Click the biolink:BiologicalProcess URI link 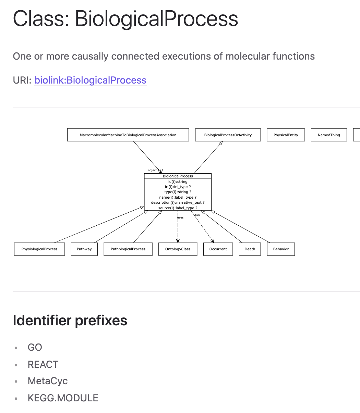[x=90, y=80]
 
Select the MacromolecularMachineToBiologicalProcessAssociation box [x=128, y=135]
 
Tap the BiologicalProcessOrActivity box [x=228, y=135]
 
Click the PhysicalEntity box [x=286, y=135]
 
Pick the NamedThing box [x=328, y=135]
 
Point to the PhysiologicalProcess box [x=39, y=249]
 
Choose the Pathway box [x=84, y=249]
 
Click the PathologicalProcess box [x=128, y=249]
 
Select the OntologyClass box [x=178, y=249]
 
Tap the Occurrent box [x=218, y=249]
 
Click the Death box [x=250, y=249]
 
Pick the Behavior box [x=281, y=249]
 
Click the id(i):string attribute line [x=178, y=182]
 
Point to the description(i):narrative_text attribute [x=178, y=202]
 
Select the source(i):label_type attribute [x=178, y=208]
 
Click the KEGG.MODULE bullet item [x=63, y=398]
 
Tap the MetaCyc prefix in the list [x=47, y=381]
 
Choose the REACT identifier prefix [x=43, y=364]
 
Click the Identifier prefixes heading [x=70, y=321]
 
